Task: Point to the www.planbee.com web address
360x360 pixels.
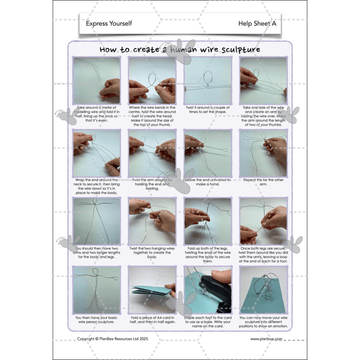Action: (x=265, y=339)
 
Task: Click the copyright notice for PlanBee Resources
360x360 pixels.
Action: (x=113, y=339)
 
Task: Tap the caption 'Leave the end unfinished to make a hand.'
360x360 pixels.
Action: (x=208, y=183)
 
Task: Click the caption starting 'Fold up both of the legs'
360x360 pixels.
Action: (x=208, y=251)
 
